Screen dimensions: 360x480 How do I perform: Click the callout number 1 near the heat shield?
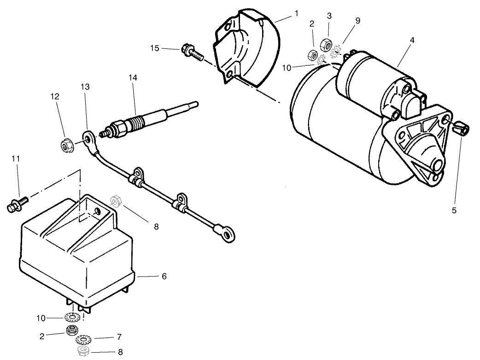[x=297, y=14]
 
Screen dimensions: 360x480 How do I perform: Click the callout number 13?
[x=85, y=86]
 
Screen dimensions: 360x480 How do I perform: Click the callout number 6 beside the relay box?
[x=164, y=276]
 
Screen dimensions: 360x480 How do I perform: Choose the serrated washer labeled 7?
[x=83, y=340]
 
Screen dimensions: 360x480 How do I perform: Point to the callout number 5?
[x=454, y=210]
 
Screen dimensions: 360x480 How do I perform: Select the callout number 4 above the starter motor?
[x=412, y=40]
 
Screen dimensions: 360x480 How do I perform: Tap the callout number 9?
[x=357, y=20]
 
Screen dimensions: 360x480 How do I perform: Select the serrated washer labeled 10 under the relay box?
[x=72, y=318]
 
